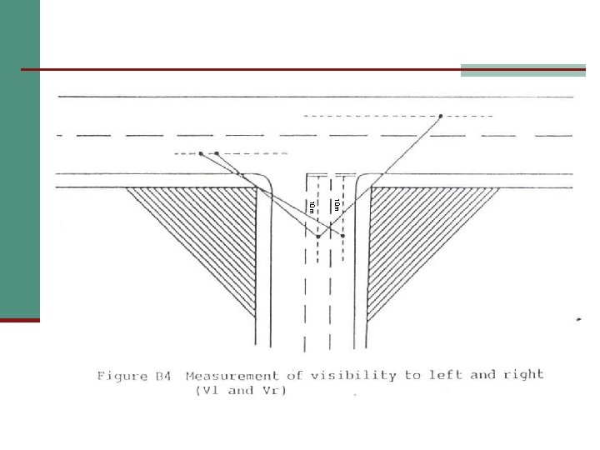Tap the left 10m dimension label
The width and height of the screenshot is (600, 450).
click(311, 206)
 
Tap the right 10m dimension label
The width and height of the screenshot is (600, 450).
click(336, 205)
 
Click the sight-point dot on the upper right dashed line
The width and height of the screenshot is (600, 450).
click(440, 116)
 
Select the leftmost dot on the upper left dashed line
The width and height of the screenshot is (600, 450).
click(201, 153)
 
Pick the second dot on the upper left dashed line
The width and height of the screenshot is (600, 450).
click(217, 153)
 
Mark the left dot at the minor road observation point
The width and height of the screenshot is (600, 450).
click(317, 237)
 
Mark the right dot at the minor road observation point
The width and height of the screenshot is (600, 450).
click(342, 236)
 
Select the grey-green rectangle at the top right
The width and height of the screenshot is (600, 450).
click(523, 70)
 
